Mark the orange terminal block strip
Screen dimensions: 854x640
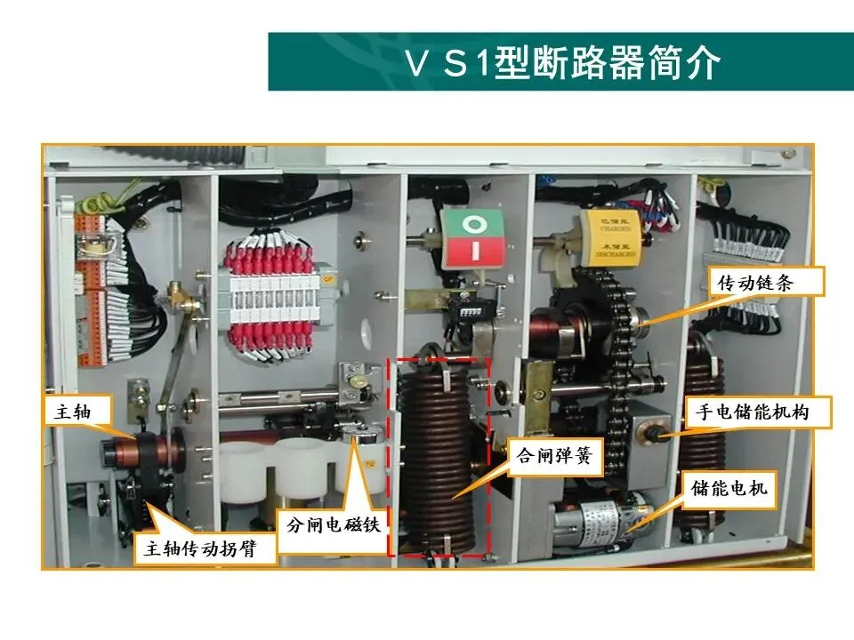pyautogui.click(x=94, y=284)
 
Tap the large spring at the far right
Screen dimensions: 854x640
pyautogui.click(x=703, y=427)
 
